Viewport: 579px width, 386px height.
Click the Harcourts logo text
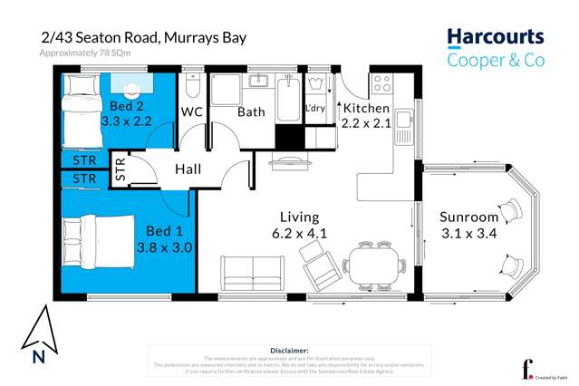pos(495,38)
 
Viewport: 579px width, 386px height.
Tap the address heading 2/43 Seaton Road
pos(142,38)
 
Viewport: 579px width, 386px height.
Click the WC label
pos(192,112)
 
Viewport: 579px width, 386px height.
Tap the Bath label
pos(251,112)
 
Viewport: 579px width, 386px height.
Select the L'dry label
pos(315,109)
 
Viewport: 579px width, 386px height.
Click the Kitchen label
pos(365,109)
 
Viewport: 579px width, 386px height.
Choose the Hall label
pos(188,169)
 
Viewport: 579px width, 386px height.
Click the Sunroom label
pos(468,217)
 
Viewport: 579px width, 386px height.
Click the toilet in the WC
pos(191,88)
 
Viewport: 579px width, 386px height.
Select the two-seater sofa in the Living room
pos(252,271)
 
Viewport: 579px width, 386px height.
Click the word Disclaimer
pos(289,349)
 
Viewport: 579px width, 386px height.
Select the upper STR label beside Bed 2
pos(83,161)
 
